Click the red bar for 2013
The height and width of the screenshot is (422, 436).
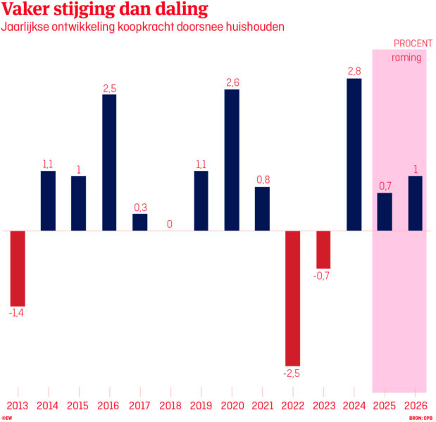coord(18,267)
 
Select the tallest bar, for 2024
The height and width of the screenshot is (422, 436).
coord(354,155)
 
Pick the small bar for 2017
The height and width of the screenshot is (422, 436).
coord(139,222)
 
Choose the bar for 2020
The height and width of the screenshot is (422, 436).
coord(232,160)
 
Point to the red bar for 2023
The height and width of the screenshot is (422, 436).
coord(323,249)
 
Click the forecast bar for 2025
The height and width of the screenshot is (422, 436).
coord(385,212)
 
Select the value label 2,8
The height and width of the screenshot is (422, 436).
coord(354,70)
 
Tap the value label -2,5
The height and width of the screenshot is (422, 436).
coord(292,373)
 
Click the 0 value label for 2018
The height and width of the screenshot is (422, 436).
coord(170,224)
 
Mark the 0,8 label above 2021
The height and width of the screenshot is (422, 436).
coord(262,179)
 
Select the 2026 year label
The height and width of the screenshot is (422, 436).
coord(416,406)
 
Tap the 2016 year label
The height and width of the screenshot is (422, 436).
coord(108,406)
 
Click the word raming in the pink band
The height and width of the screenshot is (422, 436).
coord(406,58)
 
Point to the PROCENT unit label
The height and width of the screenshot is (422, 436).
coord(413,44)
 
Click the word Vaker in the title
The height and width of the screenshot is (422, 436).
coord(28,10)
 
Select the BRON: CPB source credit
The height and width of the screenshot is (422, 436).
coord(420,418)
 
